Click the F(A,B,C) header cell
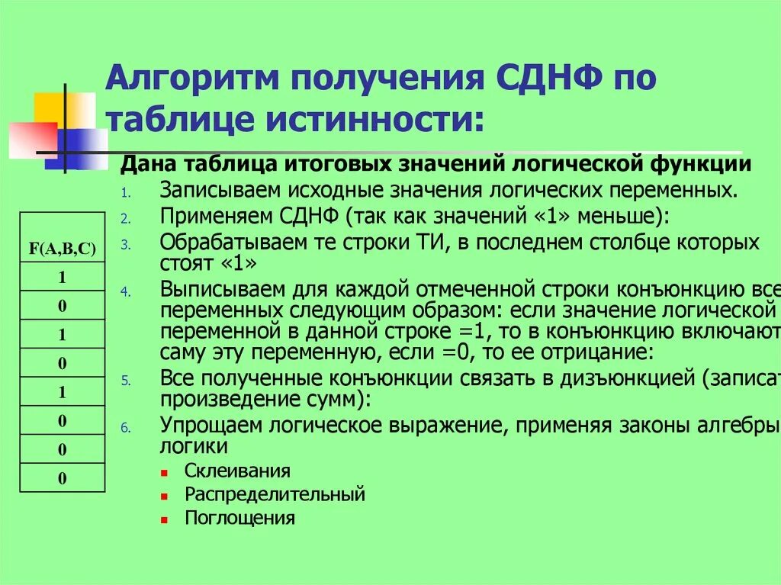pyautogui.click(x=62, y=248)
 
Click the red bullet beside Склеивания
pyautogui.click(x=164, y=471)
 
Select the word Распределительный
pyautogui.click(x=275, y=494)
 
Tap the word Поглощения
pyautogui.click(x=239, y=518)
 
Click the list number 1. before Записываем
pyautogui.click(x=126, y=191)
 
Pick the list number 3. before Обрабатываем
pyautogui.click(x=126, y=246)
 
